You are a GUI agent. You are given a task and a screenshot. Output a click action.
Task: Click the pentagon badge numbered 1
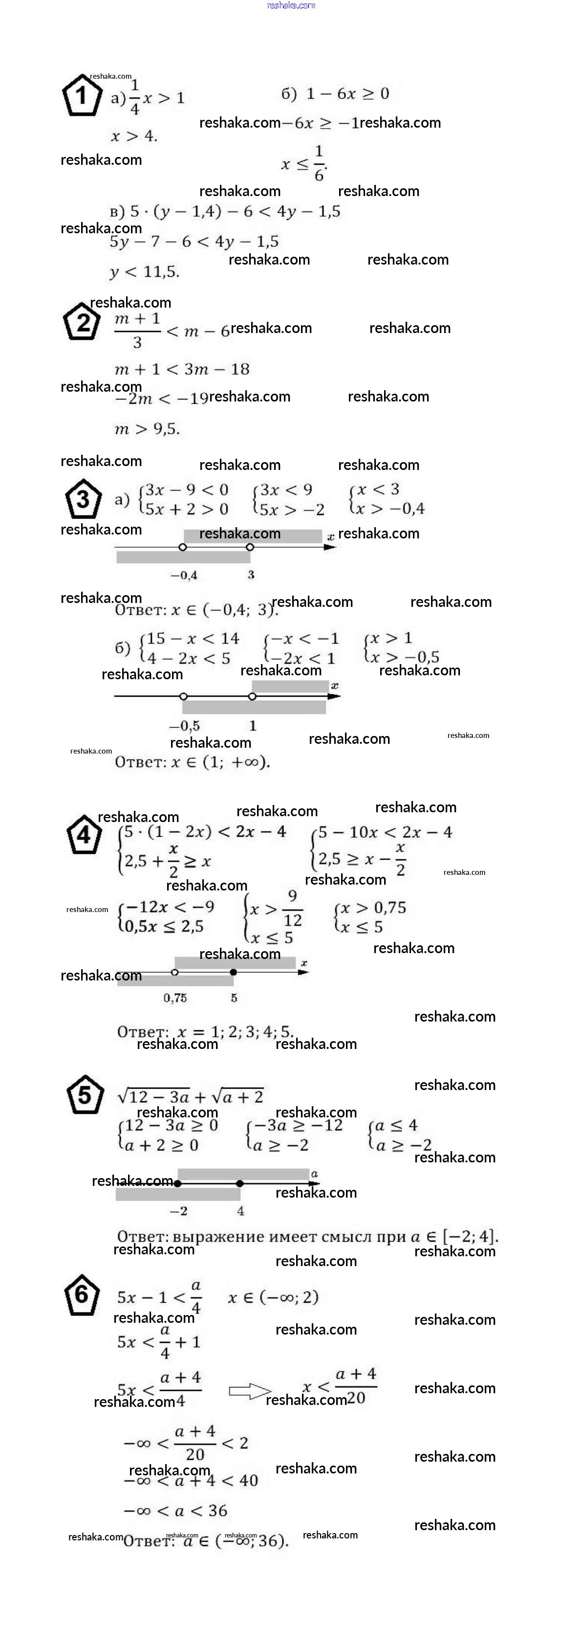pos(82,95)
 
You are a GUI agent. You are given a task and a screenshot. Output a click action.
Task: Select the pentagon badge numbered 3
pos(83,499)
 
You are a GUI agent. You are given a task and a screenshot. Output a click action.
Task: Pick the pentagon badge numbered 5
pos(84,1095)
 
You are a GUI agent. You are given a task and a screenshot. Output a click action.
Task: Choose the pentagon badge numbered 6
pos(82,1294)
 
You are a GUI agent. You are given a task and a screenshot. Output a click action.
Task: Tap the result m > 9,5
pos(147,429)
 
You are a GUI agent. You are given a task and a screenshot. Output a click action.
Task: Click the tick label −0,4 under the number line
pos(184,575)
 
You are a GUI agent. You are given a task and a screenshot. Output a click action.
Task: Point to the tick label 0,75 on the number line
pos(175,998)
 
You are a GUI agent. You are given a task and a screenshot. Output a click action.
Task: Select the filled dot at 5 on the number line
pos(234,972)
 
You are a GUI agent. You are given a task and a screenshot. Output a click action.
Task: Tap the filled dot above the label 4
pos(240,1183)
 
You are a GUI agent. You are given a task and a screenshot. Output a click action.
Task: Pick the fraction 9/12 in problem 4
pos(292,908)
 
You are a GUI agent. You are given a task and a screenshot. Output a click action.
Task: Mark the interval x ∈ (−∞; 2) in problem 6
pos(273,1297)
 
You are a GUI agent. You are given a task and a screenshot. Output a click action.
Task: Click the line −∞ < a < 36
pos(175,1511)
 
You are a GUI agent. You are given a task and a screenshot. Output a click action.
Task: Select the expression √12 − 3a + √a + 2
pos(191,1096)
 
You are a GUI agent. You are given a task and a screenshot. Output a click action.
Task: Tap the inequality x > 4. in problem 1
pos(134,136)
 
